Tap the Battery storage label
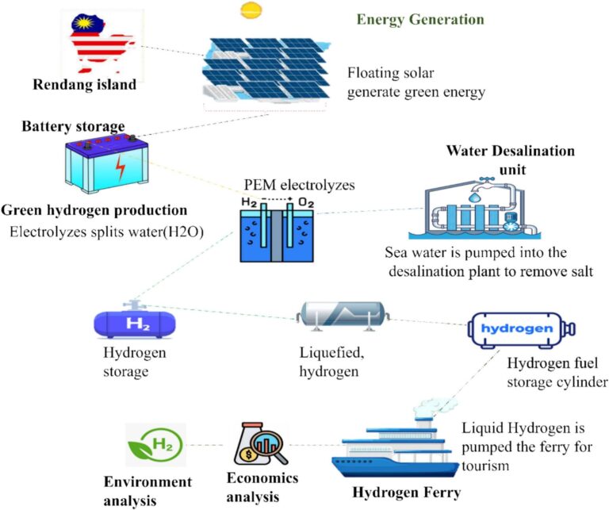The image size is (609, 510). point(73,126)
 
